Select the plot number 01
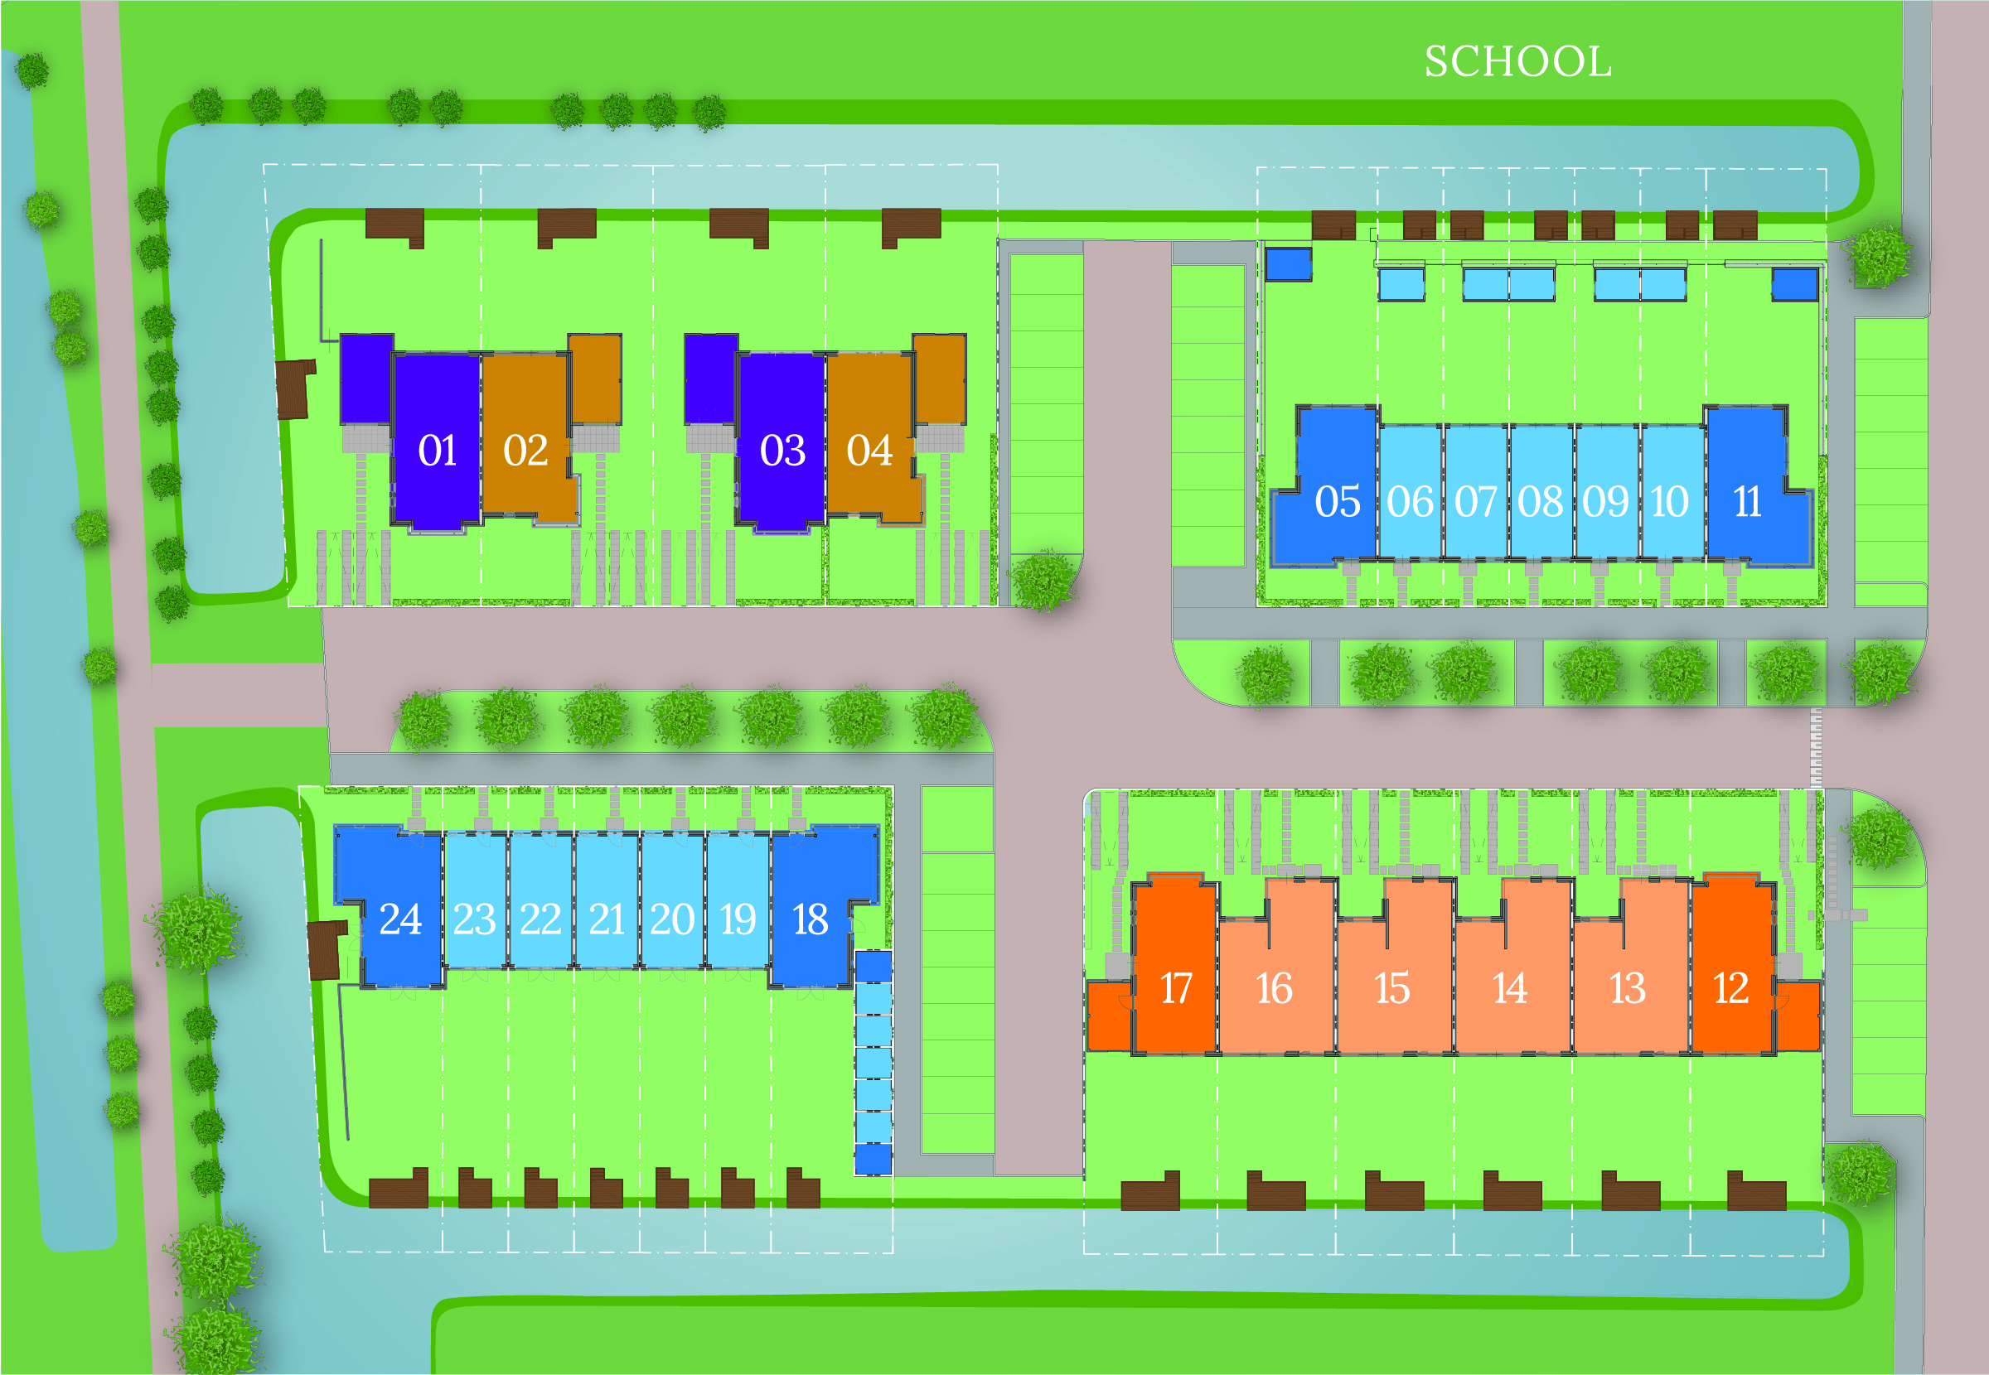point(437,451)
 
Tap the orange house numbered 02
point(525,451)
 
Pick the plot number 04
point(869,451)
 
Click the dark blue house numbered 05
point(1337,501)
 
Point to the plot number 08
point(1540,501)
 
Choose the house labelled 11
point(1747,501)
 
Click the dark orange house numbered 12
point(1730,988)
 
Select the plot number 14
point(1509,988)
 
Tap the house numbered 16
point(1274,988)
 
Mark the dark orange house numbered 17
point(1175,988)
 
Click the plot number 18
point(810,919)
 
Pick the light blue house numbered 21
point(607,919)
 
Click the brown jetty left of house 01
point(295,388)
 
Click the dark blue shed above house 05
point(1289,264)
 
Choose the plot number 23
point(474,919)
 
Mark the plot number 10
point(1669,501)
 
